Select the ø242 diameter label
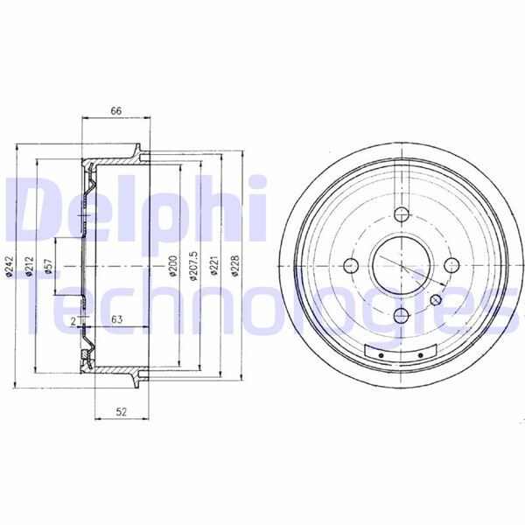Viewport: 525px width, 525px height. pyautogui.click(x=8, y=266)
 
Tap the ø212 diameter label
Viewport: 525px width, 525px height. pyautogui.click(x=29, y=266)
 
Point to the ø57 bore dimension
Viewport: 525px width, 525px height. pyautogui.click(x=50, y=266)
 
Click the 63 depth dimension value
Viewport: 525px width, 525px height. pyautogui.click(x=115, y=320)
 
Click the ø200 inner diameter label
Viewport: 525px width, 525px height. pyautogui.click(x=172, y=266)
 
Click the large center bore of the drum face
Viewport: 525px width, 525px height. pyautogui.click(x=400, y=265)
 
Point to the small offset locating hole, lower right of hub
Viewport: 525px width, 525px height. pyautogui.click(x=437, y=300)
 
